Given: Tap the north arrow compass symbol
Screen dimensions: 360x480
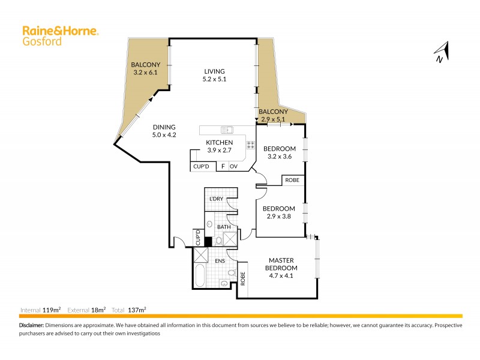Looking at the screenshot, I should click(x=442, y=53).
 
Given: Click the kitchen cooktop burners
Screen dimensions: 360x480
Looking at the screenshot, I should click(x=251, y=145).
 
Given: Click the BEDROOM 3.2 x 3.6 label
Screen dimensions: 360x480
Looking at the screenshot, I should click(x=280, y=152).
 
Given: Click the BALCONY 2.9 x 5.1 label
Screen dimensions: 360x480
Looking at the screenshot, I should click(x=273, y=115).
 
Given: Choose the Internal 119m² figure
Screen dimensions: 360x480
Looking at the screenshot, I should click(x=40, y=310).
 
